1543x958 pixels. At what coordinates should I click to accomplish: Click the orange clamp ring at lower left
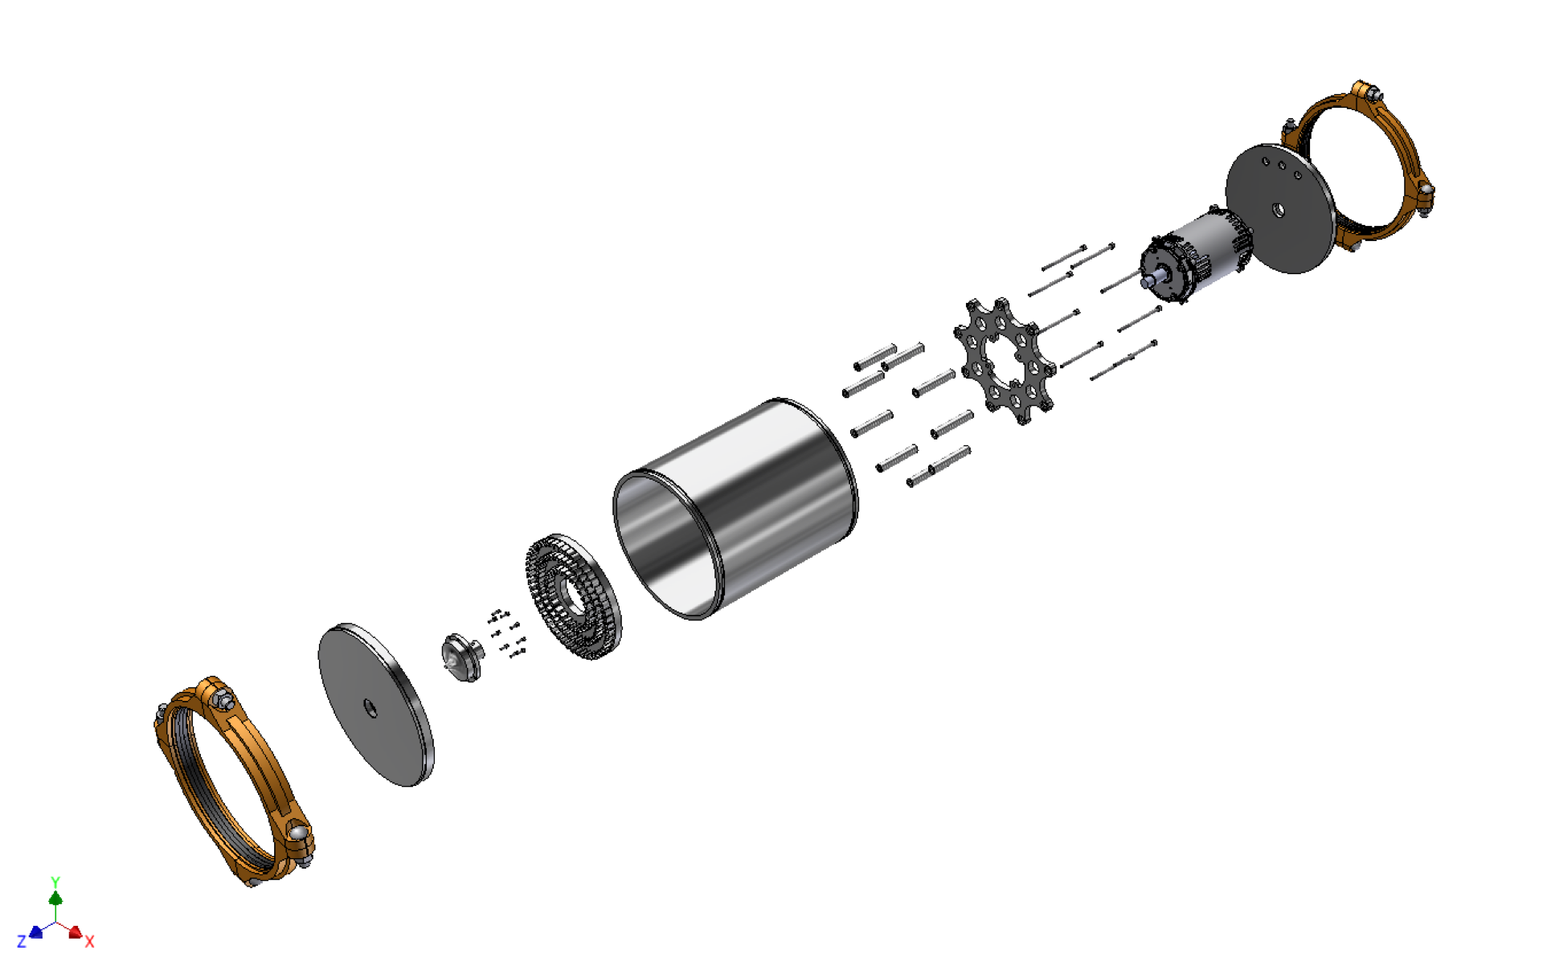click(193, 772)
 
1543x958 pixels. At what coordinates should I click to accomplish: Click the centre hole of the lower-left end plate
click(370, 707)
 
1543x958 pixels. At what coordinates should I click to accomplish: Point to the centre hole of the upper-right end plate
click(1278, 211)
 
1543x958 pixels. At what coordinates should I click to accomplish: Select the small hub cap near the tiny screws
click(461, 658)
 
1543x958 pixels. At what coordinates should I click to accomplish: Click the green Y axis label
click(55, 882)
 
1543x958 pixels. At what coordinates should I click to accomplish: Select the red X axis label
click(89, 941)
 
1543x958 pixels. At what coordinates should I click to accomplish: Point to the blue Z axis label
click(22, 941)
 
